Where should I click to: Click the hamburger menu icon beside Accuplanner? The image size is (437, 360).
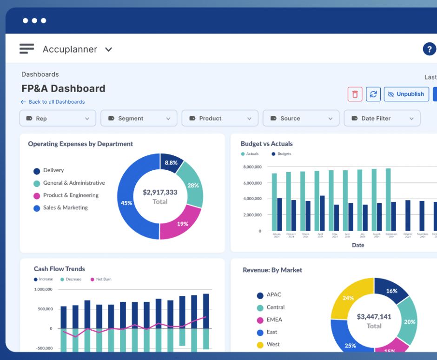(x=26, y=49)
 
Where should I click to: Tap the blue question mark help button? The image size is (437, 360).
(x=429, y=49)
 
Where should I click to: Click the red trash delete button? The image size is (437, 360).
(x=355, y=94)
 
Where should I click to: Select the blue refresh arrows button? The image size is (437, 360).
(x=373, y=94)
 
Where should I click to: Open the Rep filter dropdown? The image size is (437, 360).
(x=58, y=119)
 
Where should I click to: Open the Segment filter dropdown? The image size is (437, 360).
(x=139, y=119)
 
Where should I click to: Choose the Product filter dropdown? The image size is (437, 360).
(x=219, y=119)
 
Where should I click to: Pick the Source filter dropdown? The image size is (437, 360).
(x=301, y=119)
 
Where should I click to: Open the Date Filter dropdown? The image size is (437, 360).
(x=382, y=119)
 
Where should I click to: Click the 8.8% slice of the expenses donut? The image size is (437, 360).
(x=171, y=163)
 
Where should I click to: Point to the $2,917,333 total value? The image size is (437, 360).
(x=160, y=192)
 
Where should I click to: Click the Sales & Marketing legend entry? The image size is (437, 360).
(x=65, y=208)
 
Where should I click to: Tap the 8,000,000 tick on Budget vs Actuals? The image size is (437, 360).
(x=252, y=167)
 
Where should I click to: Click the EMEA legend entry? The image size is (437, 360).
(x=274, y=320)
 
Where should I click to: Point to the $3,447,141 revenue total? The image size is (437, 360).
(x=374, y=317)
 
